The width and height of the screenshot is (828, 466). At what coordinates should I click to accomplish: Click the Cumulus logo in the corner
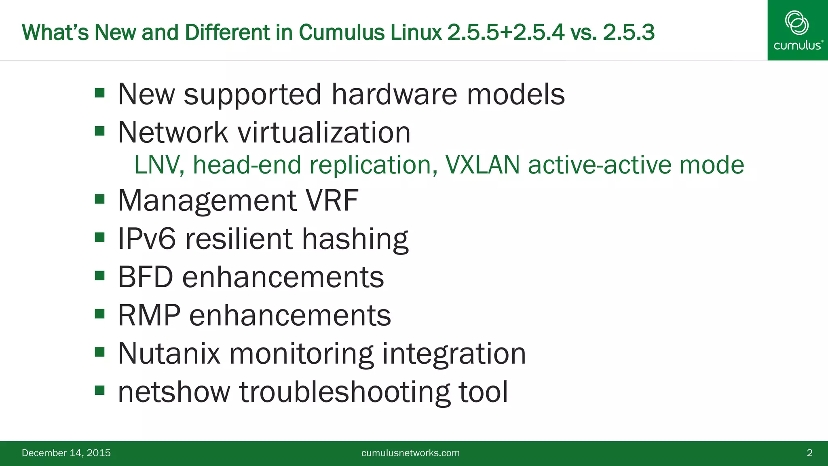pyautogui.click(x=797, y=30)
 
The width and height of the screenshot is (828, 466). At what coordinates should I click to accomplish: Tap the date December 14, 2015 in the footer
pyautogui.click(x=66, y=453)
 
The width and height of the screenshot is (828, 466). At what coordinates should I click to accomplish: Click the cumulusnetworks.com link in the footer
pyautogui.click(x=410, y=453)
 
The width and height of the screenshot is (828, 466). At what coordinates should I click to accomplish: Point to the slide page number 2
pyautogui.click(x=809, y=453)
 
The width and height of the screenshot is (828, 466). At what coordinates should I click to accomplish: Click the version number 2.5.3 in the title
pyautogui.click(x=628, y=32)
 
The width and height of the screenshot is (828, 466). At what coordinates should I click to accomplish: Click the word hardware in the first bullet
pyautogui.click(x=394, y=94)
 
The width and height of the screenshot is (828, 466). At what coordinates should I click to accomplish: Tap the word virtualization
pyautogui.click(x=324, y=132)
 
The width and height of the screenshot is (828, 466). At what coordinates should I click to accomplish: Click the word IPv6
pyautogui.click(x=147, y=239)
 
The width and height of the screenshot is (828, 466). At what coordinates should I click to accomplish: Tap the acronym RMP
pyautogui.click(x=149, y=315)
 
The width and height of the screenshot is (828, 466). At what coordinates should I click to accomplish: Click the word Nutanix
pyautogui.click(x=169, y=354)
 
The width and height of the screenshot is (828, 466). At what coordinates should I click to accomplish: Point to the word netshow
pyautogui.click(x=174, y=392)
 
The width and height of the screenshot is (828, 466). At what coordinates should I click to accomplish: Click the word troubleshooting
pyautogui.click(x=344, y=392)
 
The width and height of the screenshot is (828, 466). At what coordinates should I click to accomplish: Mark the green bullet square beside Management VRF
pyautogui.click(x=99, y=199)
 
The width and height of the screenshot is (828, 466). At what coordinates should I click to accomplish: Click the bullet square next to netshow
pyautogui.click(x=99, y=390)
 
